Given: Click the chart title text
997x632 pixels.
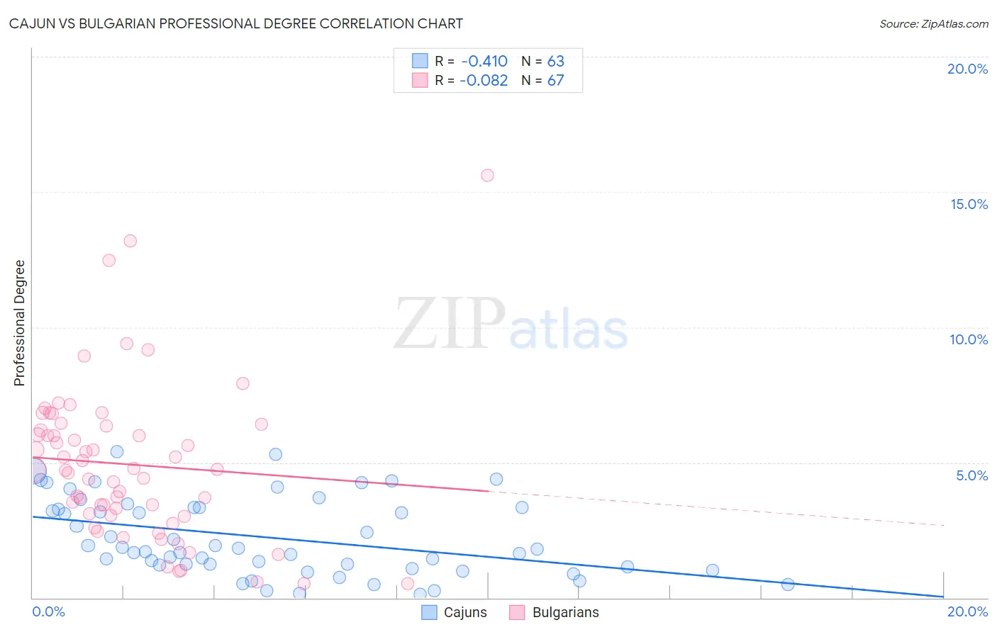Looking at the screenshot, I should [235, 24].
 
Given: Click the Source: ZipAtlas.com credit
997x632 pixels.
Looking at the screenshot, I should [933, 24].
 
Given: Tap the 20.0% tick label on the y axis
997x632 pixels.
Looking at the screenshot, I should [967, 69].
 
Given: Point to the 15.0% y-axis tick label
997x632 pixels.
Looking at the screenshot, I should [969, 204].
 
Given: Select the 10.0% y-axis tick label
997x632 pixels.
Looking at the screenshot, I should [969, 339].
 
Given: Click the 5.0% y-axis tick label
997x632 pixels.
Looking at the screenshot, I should [971, 475].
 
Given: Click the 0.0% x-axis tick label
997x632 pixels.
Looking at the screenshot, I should [48, 611].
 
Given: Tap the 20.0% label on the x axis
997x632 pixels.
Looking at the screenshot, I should [967, 611].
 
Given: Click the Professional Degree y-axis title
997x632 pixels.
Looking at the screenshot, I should [19, 323].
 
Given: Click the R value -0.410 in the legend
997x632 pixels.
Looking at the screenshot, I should [484, 62].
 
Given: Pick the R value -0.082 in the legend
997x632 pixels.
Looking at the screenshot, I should [484, 81].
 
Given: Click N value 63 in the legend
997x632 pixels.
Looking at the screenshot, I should [555, 62].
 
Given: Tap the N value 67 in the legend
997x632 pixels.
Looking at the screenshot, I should [555, 81].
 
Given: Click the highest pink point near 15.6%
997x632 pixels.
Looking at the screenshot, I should [487, 176].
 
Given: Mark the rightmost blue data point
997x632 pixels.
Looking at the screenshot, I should [788, 585].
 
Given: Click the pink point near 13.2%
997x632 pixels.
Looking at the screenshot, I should [130, 241].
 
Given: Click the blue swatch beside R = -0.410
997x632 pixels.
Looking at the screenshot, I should [420, 61].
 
